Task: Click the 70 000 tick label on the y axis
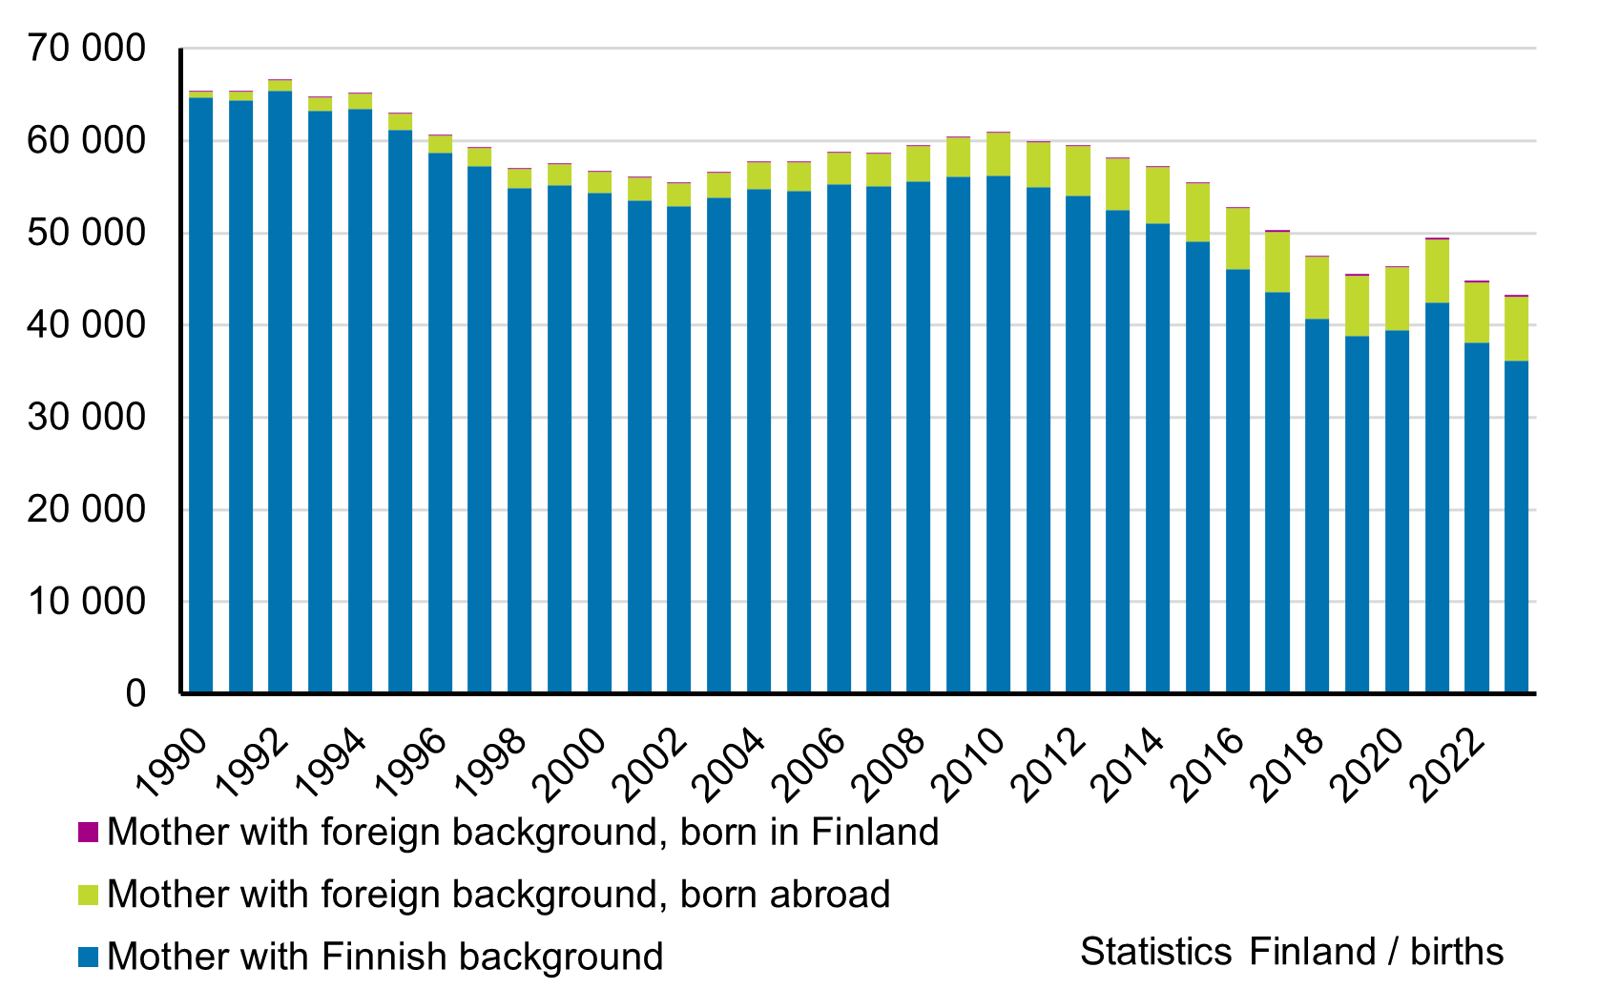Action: pyautogui.click(x=86, y=48)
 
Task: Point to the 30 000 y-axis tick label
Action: pyautogui.click(x=86, y=417)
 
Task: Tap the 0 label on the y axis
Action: pyautogui.click(x=135, y=693)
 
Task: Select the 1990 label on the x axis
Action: pyautogui.click(x=173, y=763)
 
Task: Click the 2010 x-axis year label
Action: pyautogui.click(x=970, y=763)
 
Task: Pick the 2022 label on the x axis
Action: pyautogui.click(x=1448, y=763)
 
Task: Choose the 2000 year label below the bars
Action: pyautogui.click(x=571, y=763)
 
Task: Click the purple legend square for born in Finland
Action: pyautogui.click(x=88, y=833)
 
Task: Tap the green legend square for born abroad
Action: pyautogui.click(x=88, y=895)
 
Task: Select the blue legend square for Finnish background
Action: pyautogui.click(x=88, y=957)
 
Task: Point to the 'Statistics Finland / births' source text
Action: pyautogui.click(x=1292, y=952)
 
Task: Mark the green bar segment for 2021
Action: pyautogui.click(x=1437, y=271)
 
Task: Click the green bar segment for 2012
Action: pyautogui.click(x=1078, y=171)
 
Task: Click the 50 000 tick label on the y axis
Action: pyautogui.click(x=86, y=233)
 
